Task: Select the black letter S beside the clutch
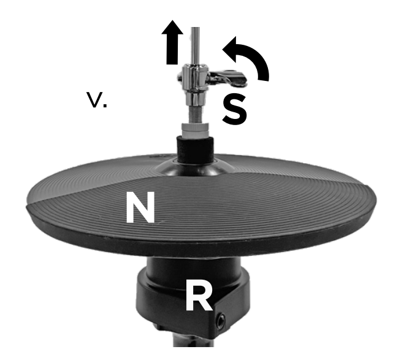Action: pos(235,109)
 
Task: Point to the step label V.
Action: pos(97,101)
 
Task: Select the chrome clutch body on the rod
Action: pos(196,86)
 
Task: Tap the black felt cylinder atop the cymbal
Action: pos(195,147)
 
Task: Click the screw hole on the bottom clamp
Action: pos(221,320)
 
